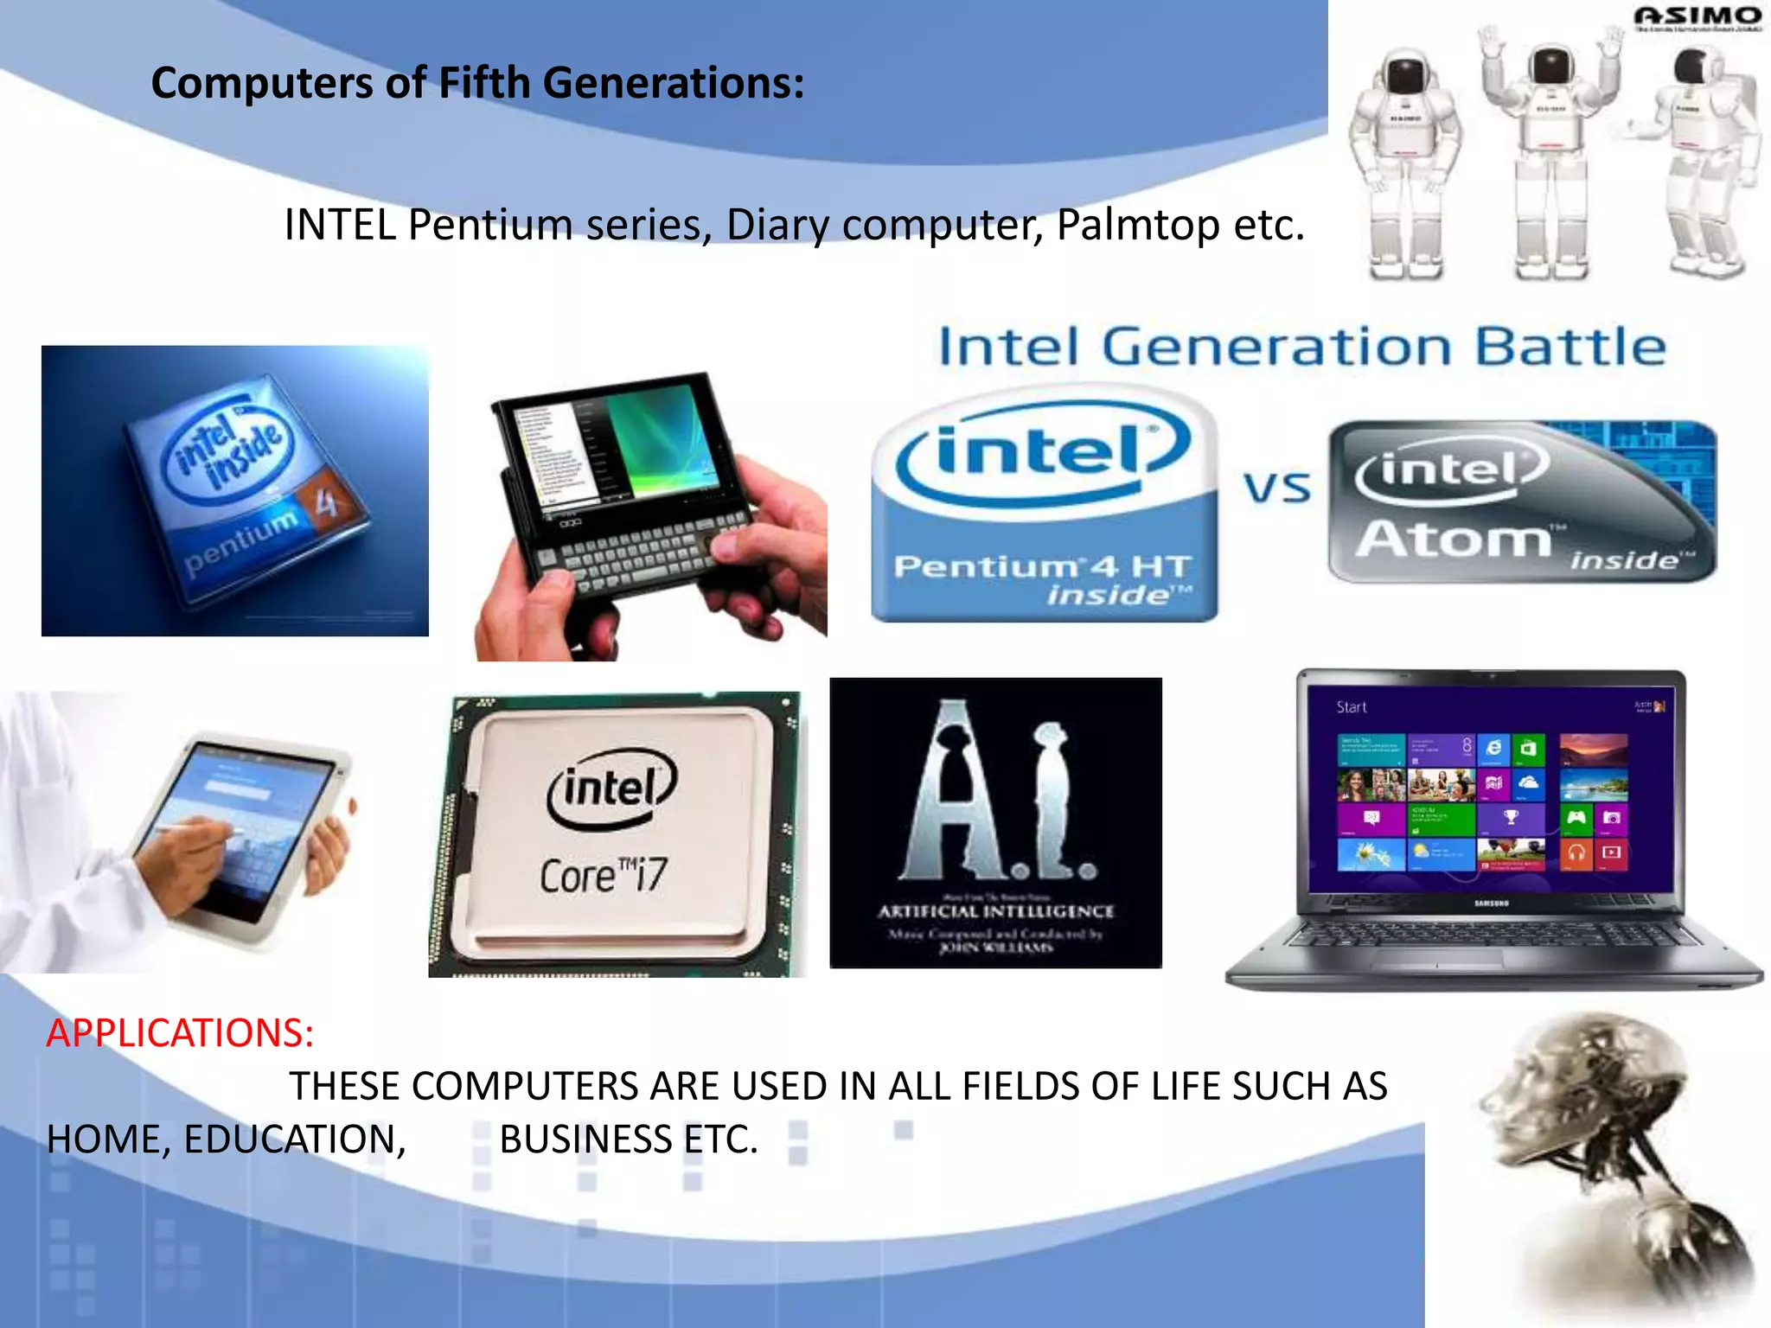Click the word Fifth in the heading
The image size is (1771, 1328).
483,84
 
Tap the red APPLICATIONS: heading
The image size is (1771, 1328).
180,1033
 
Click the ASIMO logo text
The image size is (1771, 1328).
1697,16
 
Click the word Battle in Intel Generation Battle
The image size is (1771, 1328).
1570,348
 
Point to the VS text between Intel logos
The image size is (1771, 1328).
1277,488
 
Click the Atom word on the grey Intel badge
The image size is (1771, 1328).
1454,539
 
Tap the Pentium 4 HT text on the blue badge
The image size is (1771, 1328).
1042,567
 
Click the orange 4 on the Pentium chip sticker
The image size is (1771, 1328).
324,502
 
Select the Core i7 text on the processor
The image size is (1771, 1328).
604,876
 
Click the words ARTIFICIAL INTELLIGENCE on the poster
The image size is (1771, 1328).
995,911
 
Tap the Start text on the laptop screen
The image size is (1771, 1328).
1351,707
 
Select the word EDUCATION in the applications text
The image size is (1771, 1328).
294,1140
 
